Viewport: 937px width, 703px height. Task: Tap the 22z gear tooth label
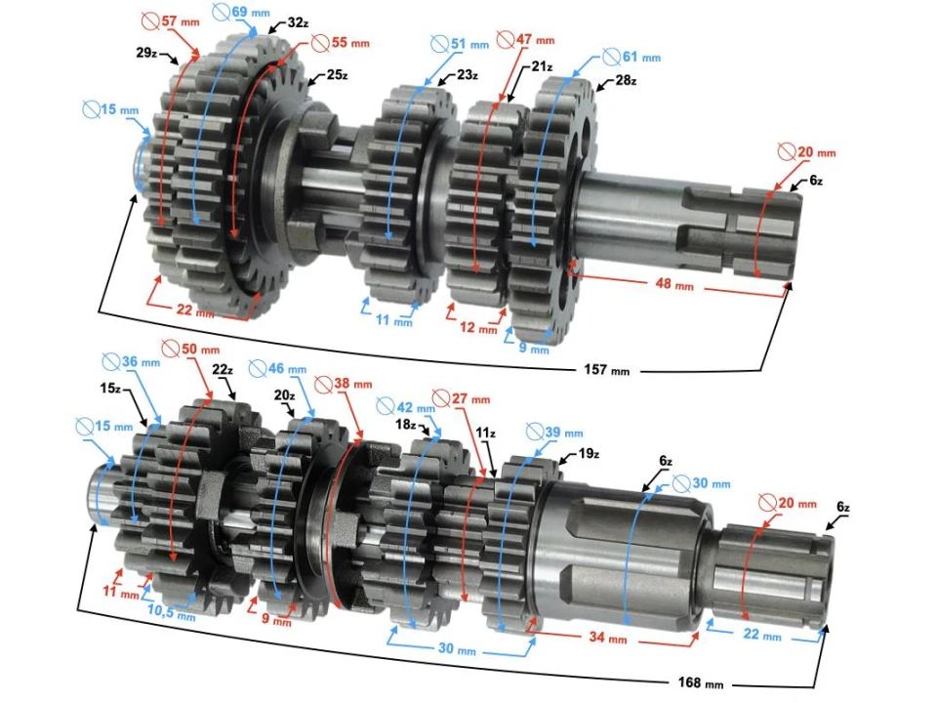point(222,370)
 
